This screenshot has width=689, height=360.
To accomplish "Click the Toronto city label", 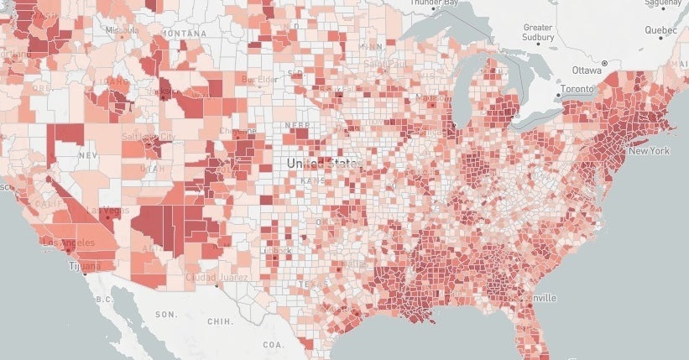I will (x=577, y=89).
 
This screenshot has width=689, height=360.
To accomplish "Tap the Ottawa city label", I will (x=587, y=69).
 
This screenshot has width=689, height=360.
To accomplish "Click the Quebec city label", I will (x=660, y=30).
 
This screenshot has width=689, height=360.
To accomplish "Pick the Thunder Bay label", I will (x=433, y=3).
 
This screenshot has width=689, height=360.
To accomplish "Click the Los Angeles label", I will (x=66, y=243).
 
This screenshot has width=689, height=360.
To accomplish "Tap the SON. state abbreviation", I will (x=165, y=314).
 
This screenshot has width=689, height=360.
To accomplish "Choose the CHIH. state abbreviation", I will (x=220, y=321).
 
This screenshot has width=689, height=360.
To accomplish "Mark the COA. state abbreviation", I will (x=273, y=343).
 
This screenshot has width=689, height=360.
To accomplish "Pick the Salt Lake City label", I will (x=149, y=136).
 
